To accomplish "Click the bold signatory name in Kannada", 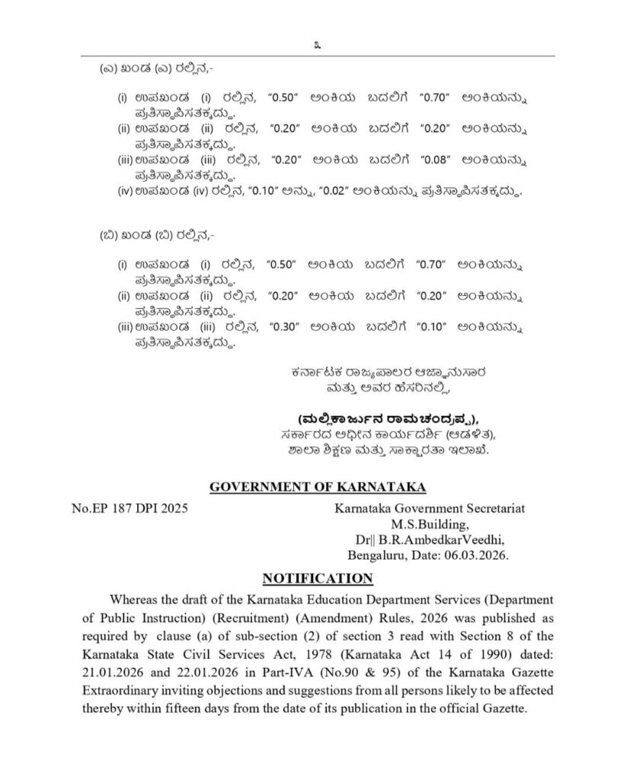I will pyautogui.click(x=379, y=419).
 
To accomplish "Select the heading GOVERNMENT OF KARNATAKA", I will pyautogui.click(x=318, y=486).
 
